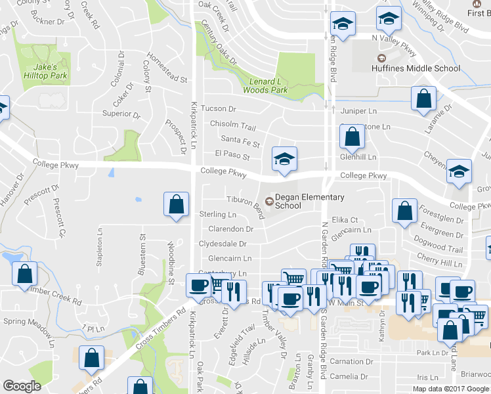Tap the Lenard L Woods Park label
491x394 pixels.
click(265, 85)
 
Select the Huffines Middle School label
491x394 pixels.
click(416, 68)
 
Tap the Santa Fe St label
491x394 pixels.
click(240, 139)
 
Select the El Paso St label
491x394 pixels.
click(232, 157)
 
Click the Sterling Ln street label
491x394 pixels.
click(217, 215)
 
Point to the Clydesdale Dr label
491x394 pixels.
click(223, 244)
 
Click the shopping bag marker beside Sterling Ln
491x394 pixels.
click(177, 204)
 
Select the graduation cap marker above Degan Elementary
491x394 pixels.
click(284, 159)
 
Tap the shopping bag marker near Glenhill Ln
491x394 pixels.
click(352, 137)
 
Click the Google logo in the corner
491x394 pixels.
click(22, 386)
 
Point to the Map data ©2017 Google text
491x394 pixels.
click(451, 389)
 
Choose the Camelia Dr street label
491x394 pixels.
click(349, 376)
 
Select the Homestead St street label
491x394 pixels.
click(167, 68)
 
